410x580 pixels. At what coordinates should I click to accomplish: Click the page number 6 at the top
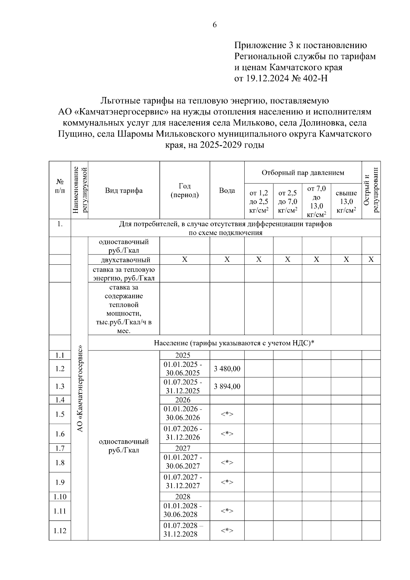(x=215, y=25)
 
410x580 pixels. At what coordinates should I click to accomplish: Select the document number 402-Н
(x=315, y=79)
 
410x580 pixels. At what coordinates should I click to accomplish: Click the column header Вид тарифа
(x=124, y=191)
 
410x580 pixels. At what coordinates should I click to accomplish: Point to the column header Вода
(x=227, y=191)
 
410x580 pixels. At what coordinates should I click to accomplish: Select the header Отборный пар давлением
(x=303, y=172)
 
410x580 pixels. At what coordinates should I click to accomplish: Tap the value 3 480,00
(x=227, y=369)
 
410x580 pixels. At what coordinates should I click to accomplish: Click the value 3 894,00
(x=227, y=386)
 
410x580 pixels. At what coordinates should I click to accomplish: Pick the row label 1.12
(x=60, y=530)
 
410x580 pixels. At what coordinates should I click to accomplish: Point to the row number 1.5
(x=60, y=414)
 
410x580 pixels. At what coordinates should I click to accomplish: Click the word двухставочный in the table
(x=124, y=260)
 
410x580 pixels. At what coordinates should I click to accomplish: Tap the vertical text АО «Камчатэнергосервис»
(x=80, y=389)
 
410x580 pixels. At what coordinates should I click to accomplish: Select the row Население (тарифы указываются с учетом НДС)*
(x=234, y=343)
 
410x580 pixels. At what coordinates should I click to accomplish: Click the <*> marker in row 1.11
(x=227, y=511)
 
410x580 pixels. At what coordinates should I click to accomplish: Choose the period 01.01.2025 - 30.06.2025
(x=184, y=369)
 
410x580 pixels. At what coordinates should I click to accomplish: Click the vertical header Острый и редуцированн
(x=371, y=190)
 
